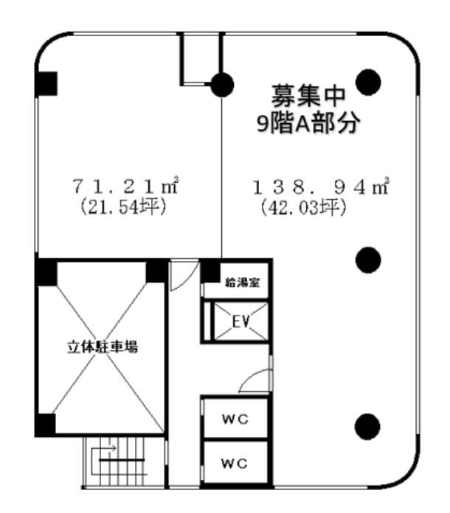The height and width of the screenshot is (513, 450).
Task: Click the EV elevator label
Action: (240, 321)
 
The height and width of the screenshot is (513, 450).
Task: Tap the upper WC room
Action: (235, 418)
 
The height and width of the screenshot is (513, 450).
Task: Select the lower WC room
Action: (235, 463)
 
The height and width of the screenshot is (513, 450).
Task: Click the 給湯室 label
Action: (243, 282)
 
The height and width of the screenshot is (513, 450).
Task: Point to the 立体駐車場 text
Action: (103, 347)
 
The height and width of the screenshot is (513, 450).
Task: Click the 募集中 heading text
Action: (308, 96)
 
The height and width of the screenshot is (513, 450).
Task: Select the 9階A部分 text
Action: (308, 123)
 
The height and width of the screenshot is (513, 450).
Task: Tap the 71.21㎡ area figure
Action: (125, 186)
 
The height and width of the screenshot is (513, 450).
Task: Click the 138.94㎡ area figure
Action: (321, 186)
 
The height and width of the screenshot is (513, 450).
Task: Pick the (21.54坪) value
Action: (123, 207)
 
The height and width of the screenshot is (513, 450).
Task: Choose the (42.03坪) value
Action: (304, 207)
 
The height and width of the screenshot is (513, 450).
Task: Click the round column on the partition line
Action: (222, 85)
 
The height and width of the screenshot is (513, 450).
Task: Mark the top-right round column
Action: (368, 82)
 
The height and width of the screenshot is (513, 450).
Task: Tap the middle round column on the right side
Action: (368, 259)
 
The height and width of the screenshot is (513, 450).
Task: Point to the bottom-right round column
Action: (368, 427)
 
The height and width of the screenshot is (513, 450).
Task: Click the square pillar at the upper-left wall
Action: (46, 84)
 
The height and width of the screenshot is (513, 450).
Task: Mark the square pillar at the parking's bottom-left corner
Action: (45, 425)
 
